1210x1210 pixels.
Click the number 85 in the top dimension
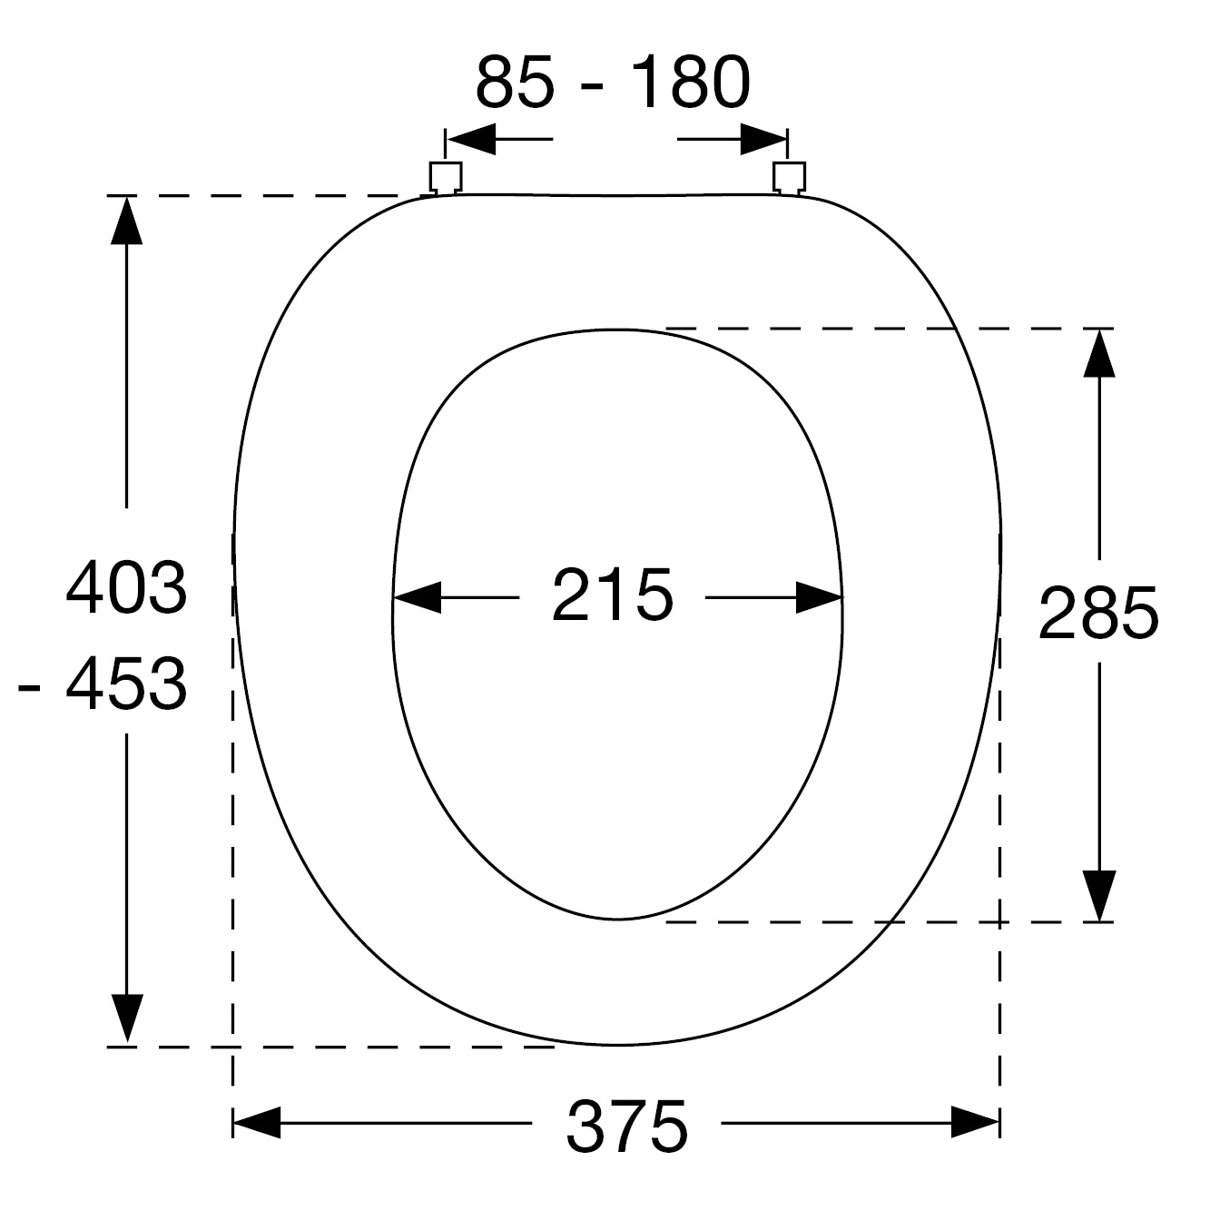click(515, 82)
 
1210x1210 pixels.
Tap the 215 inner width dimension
click(612, 595)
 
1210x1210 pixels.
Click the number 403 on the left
click(126, 588)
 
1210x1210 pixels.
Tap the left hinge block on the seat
click(446, 178)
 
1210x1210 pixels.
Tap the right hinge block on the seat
click(789, 178)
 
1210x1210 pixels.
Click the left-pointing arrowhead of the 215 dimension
click(417, 597)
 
